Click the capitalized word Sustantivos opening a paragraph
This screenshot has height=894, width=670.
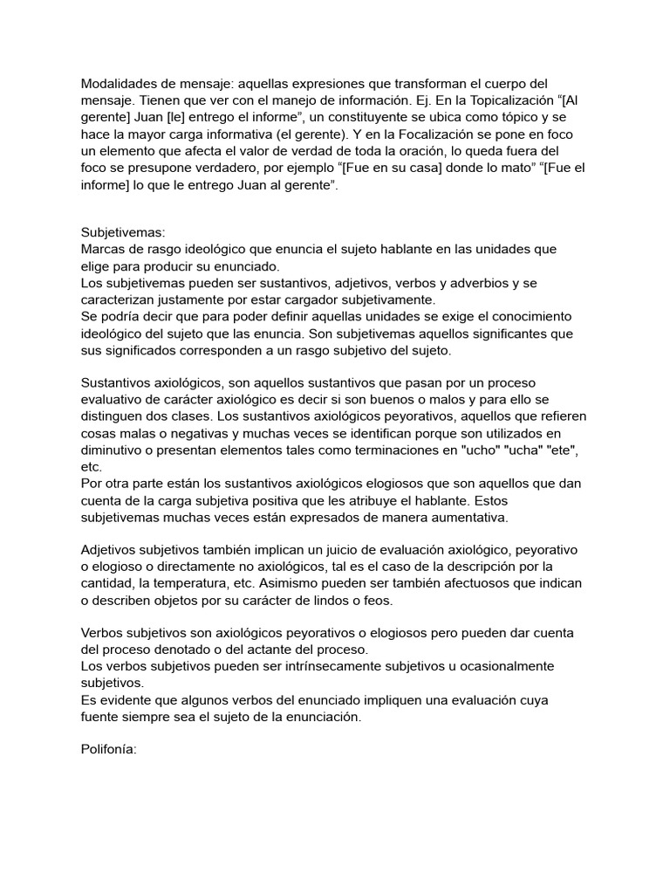(118, 383)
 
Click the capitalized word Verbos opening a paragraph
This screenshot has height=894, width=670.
(105, 632)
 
